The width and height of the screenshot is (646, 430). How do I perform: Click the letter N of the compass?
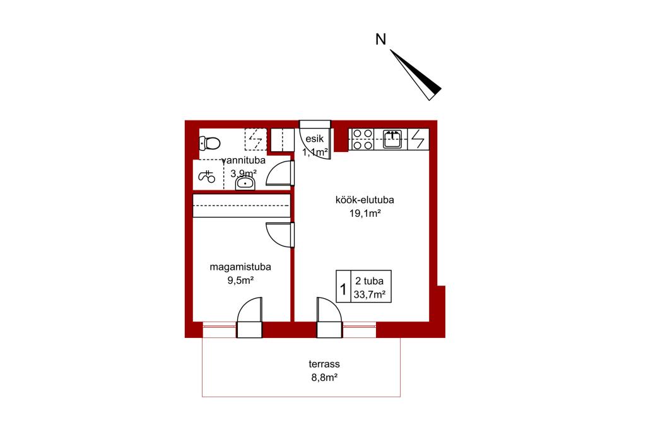click(x=380, y=40)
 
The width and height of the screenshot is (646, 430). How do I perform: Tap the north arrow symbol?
click(x=415, y=74)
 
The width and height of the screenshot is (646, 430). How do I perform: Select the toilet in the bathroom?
click(x=209, y=143)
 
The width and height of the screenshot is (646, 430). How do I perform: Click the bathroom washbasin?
click(x=245, y=183)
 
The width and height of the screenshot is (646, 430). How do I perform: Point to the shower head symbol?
click(x=207, y=177)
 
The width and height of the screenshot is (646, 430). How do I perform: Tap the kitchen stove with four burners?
click(x=363, y=139)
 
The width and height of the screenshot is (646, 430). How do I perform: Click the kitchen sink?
click(x=392, y=139)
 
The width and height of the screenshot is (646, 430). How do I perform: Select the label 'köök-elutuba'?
click(x=365, y=200)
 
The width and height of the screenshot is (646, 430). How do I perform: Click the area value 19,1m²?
click(x=365, y=213)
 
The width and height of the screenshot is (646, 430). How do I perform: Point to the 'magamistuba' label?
click(x=240, y=267)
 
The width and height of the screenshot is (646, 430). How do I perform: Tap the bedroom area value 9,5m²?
click(x=240, y=281)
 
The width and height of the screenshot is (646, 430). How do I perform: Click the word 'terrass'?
click(x=324, y=364)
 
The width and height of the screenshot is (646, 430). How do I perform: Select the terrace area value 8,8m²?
click(x=325, y=377)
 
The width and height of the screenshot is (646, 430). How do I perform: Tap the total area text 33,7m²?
click(x=370, y=294)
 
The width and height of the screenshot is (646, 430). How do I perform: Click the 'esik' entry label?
click(x=315, y=139)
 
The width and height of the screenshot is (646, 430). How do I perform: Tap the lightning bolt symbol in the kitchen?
click(x=418, y=139)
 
